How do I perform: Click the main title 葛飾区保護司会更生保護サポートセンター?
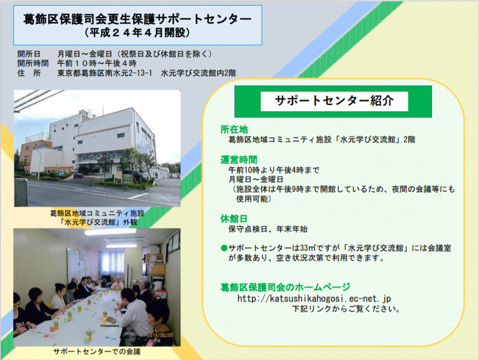tap(137, 19)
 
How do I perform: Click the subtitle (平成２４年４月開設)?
tap(137, 33)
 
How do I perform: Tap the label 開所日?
tap(29, 54)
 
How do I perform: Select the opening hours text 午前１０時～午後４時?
tap(97, 64)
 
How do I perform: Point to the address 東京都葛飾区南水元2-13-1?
tap(105, 73)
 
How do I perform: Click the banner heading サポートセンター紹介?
tap(334, 101)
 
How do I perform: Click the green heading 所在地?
tap(234, 129)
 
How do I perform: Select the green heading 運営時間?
tap(239, 160)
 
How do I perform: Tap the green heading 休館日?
tap(234, 219)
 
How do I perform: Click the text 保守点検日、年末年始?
tap(268, 229)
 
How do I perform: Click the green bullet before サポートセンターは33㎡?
tap(224, 248)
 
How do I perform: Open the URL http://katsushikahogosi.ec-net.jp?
tap(314, 298)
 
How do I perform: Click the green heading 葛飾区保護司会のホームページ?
tap(285, 287)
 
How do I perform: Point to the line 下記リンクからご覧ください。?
tap(346, 309)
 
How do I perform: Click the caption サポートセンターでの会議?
tap(97, 352)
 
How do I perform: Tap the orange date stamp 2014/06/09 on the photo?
tap(160, 335)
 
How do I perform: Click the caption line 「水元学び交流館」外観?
tap(98, 222)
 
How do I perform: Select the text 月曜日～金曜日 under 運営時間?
tap(256, 179)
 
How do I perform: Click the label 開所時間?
tap(33, 64)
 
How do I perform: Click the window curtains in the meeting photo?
tap(112, 263)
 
